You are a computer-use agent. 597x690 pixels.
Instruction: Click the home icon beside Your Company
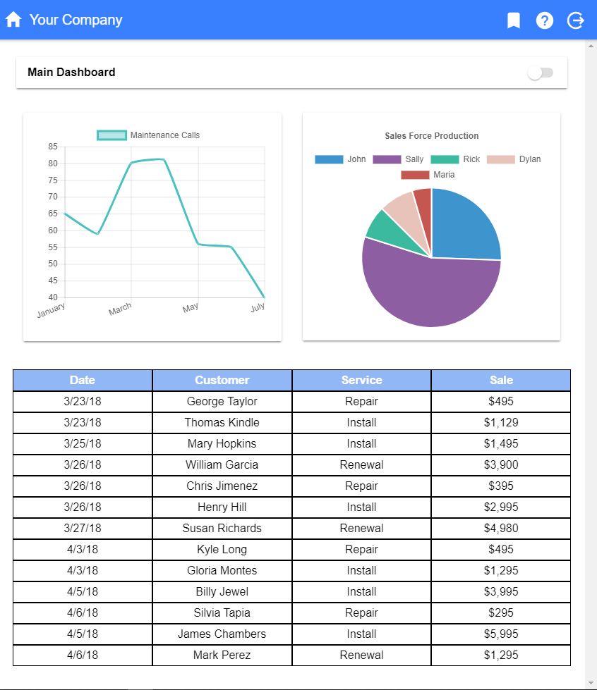[13, 20]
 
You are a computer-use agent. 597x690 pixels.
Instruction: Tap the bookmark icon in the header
[514, 20]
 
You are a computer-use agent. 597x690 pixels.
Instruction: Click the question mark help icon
[545, 20]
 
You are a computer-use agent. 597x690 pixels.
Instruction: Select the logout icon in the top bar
[576, 20]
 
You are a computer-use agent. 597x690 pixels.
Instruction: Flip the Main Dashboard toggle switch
[541, 73]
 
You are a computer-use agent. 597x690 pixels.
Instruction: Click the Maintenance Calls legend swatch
[111, 135]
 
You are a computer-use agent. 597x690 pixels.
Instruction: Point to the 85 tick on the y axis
[53, 147]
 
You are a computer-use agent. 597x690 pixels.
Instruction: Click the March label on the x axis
[120, 309]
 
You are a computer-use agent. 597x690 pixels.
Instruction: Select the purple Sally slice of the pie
[423, 289]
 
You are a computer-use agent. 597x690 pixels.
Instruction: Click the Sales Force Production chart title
[432, 136]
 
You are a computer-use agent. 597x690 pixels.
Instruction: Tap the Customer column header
[222, 380]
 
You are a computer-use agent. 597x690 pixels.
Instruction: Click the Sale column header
[501, 380]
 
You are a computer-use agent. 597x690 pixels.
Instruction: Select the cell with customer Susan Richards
[222, 528]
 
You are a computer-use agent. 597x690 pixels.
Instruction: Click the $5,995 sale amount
[501, 634]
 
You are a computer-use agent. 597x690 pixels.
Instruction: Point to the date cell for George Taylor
[83, 401]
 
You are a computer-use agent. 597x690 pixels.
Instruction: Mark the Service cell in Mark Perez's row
[361, 655]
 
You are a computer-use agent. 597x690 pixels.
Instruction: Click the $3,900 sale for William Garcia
[501, 464]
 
